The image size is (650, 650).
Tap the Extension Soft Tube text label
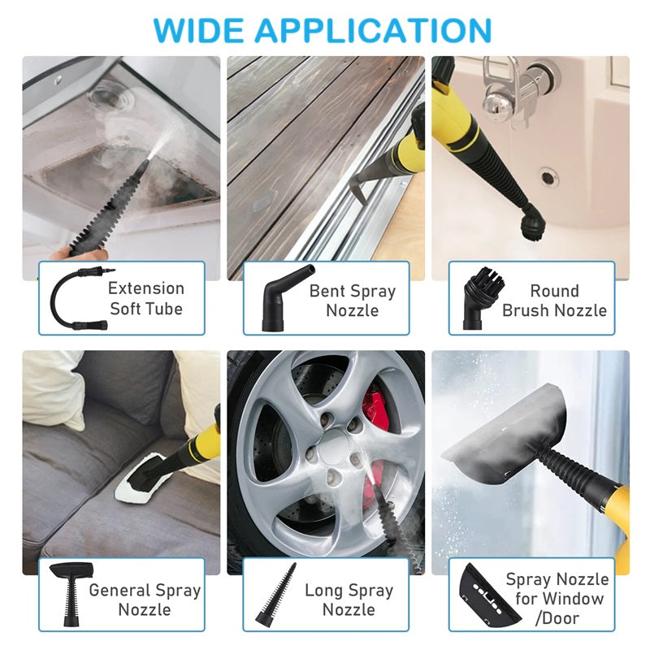coord(146,298)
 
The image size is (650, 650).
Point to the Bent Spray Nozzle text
coord(352,301)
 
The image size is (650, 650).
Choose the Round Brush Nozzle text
coord(554,301)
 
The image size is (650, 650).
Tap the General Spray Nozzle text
coord(145,600)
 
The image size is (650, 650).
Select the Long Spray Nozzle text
coord(349,600)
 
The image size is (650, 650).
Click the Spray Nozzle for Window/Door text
coord(557,599)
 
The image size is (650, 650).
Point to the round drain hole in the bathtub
coord(549,175)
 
